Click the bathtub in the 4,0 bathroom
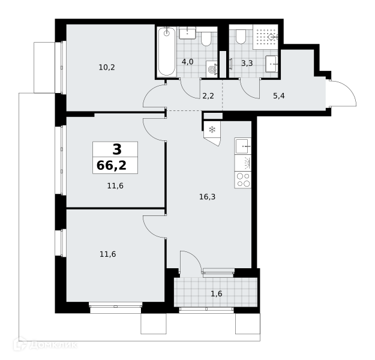tap(167, 52)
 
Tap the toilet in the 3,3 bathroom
tap(241, 37)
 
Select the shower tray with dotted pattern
tap(265, 37)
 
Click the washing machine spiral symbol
tap(212, 69)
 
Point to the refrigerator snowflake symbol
tap(212, 130)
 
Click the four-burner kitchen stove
tap(243, 179)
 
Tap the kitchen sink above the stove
tap(243, 146)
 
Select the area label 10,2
tap(107, 67)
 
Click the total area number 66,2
tap(112, 166)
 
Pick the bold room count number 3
tap(117, 149)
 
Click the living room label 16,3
tap(208, 197)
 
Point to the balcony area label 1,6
tap(217, 293)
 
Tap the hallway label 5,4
tap(279, 96)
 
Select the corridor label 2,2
tap(208, 96)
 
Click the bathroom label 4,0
tap(187, 62)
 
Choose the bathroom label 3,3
tap(247, 64)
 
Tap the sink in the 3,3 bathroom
tap(272, 64)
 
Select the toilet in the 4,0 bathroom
tap(206, 39)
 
